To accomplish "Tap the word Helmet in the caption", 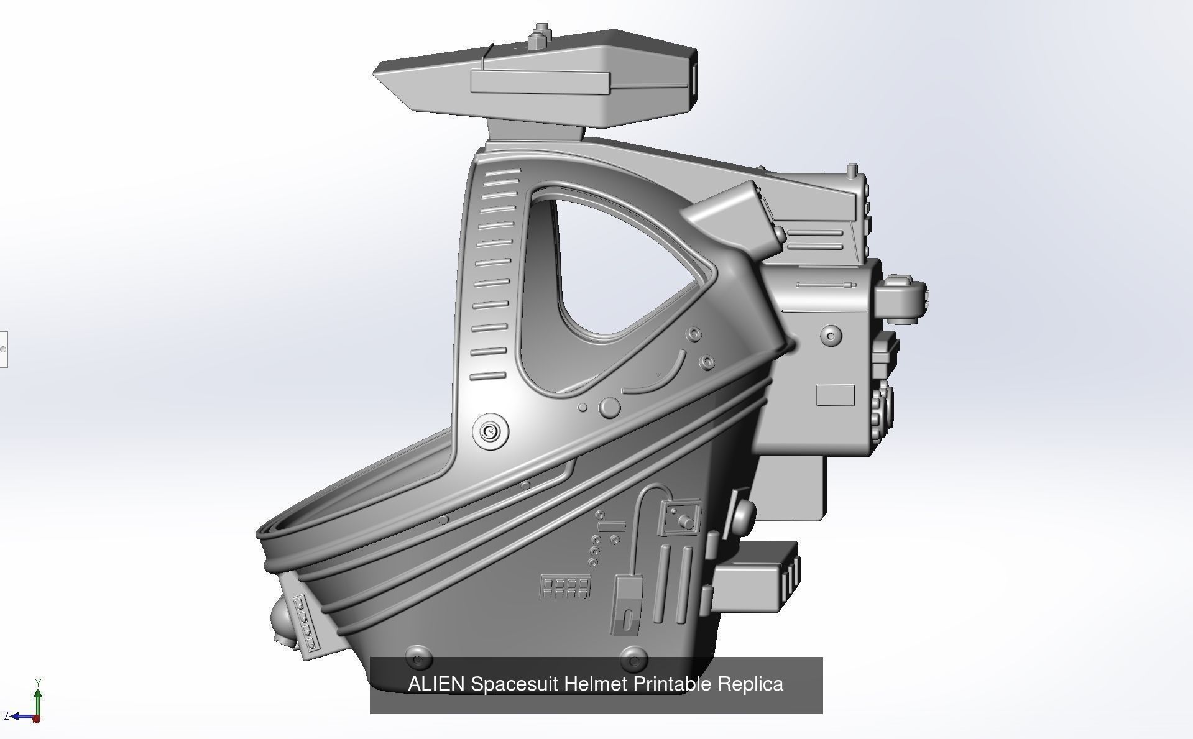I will coord(597,684).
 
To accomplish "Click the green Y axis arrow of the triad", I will coord(38,696).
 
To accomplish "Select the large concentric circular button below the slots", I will coord(491,431).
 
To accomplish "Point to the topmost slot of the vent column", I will coord(502,171).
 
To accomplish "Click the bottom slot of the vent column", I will coord(487,376).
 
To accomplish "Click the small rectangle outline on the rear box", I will coord(835,395).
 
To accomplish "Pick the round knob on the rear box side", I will coord(831,336).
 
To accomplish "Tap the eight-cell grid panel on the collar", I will coord(564,586).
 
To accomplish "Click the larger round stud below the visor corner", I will coord(609,407).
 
